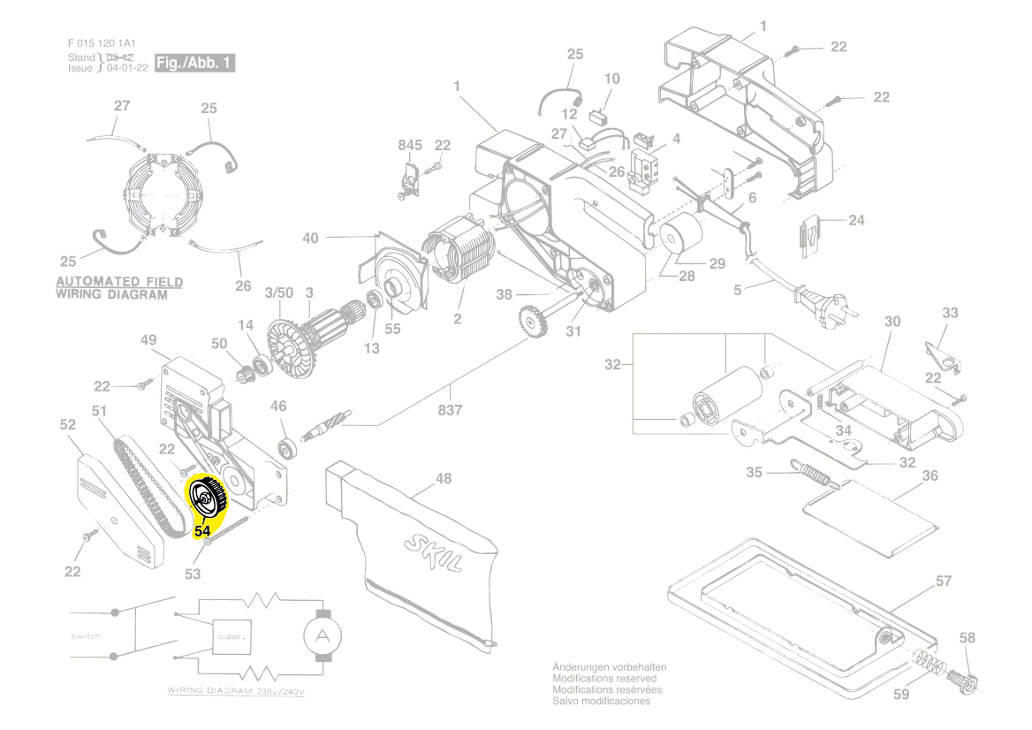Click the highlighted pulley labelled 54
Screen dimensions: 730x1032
[208, 500]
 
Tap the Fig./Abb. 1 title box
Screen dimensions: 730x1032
[193, 63]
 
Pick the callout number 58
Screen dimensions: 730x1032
[967, 637]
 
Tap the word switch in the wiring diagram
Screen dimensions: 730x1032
[86, 635]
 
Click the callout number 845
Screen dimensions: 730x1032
[410, 145]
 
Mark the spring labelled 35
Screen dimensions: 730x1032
[810, 473]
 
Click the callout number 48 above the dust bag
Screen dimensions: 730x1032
[443, 478]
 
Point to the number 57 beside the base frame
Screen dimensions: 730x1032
[944, 581]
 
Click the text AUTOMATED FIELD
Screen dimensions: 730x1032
[119, 283]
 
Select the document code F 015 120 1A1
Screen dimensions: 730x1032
[102, 43]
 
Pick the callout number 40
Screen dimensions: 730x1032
[310, 238]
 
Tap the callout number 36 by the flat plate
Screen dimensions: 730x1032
[930, 475]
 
